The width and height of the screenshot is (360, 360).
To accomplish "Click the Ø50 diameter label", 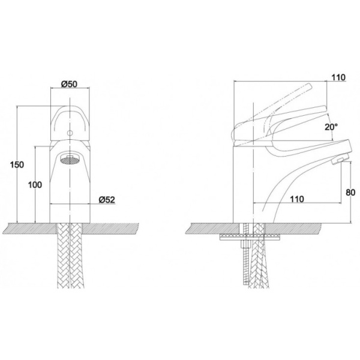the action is (69, 84).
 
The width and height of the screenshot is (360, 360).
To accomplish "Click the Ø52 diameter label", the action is (107, 200).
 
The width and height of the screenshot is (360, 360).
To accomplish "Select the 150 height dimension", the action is (17, 164).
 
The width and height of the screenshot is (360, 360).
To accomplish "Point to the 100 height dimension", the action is (35, 185).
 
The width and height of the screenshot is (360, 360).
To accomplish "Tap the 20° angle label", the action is (331, 127).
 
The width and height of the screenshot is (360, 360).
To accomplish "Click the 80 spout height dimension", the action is (350, 193).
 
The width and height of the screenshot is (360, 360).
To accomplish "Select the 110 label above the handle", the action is (338, 77).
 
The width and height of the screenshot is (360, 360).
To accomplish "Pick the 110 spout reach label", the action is (297, 199).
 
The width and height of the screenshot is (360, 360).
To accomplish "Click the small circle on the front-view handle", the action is (70, 133).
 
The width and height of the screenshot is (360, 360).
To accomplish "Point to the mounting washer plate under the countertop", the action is (250, 237).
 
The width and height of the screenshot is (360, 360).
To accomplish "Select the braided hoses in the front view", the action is (70, 256).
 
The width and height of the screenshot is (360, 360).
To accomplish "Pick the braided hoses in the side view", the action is (259, 256).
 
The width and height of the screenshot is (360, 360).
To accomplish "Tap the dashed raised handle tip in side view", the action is (309, 86).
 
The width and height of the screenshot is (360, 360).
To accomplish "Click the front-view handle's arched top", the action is (70, 109).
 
